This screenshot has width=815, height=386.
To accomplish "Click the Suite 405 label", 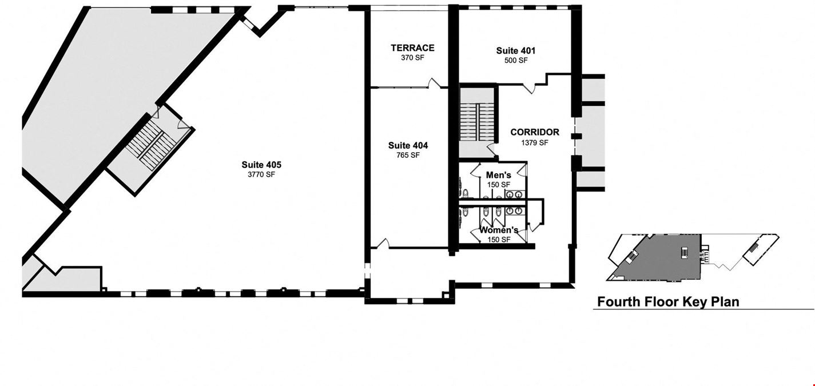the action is [x=261, y=165].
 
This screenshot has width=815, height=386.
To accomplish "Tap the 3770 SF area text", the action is [x=261, y=174].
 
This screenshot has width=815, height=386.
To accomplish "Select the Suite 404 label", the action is [x=408, y=145].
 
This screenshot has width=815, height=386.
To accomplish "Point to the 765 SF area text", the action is [x=408, y=156].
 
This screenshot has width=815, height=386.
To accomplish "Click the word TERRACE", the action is [x=412, y=47].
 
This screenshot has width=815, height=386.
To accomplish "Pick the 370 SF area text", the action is [x=412, y=58].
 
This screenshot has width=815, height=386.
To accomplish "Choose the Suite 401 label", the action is [x=516, y=50].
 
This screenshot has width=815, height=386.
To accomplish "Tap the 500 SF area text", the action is [x=516, y=61].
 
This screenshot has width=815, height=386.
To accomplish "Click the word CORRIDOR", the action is [x=535, y=132].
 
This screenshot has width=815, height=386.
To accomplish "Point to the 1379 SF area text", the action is [x=535, y=142].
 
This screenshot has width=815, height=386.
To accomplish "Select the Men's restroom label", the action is [x=499, y=176].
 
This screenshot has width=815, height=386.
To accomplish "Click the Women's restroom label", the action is [x=499, y=230].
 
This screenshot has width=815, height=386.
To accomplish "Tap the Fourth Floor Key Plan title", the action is [x=669, y=302].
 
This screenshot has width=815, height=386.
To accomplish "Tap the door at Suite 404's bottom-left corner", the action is [x=383, y=244].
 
